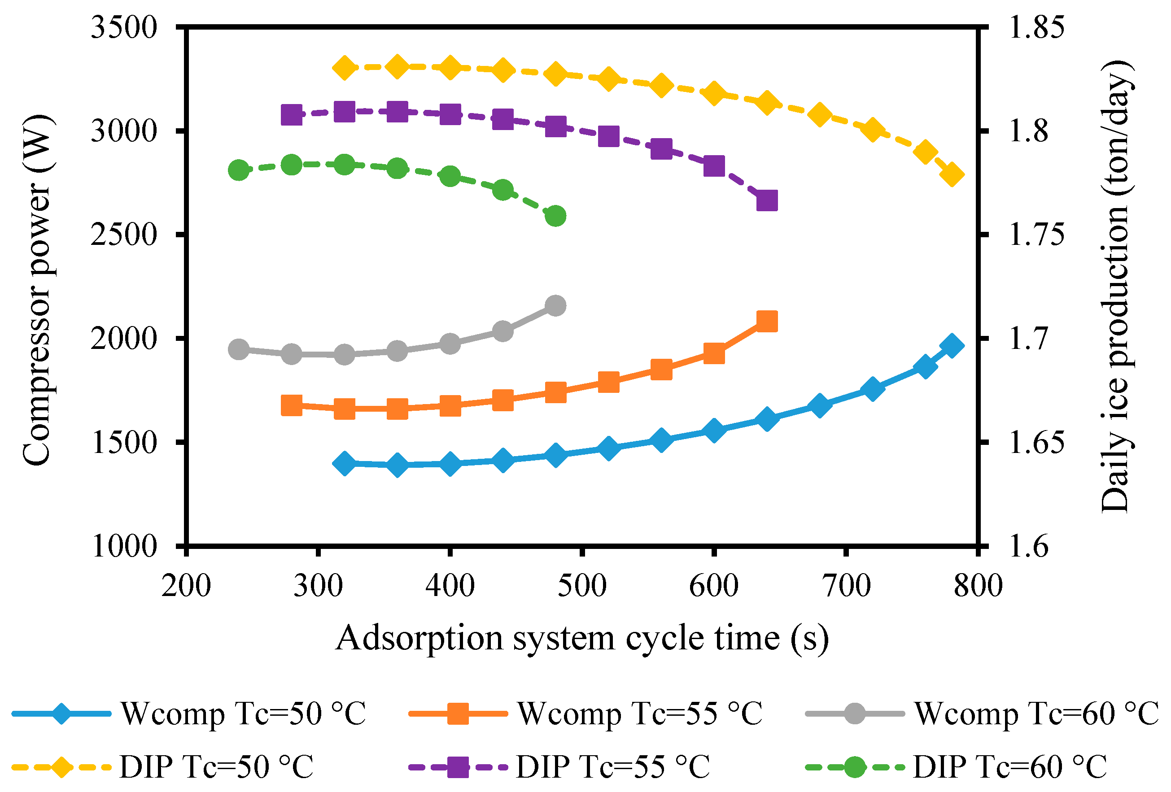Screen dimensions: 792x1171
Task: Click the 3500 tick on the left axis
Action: click(x=124, y=27)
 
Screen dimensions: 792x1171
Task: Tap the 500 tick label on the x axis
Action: click(x=582, y=586)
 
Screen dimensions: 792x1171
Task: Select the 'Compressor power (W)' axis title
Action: click(x=37, y=290)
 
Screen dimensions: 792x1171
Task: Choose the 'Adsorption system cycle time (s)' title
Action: click(x=582, y=638)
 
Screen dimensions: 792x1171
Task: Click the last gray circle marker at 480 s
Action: click(x=556, y=306)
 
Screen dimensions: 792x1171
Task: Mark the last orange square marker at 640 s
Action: click(x=767, y=322)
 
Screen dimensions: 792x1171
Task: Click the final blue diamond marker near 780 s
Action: click(x=952, y=346)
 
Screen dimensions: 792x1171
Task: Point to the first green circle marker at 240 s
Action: click(x=239, y=170)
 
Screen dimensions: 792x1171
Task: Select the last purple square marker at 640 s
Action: click(x=767, y=200)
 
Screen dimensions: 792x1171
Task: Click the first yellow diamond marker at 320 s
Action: click(x=345, y=68)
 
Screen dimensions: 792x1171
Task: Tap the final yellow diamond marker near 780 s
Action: click(x=952, y=175)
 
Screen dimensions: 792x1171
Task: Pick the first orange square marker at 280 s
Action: click(x=292, y=405)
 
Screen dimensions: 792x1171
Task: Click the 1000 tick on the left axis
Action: click(x=124, y=546)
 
